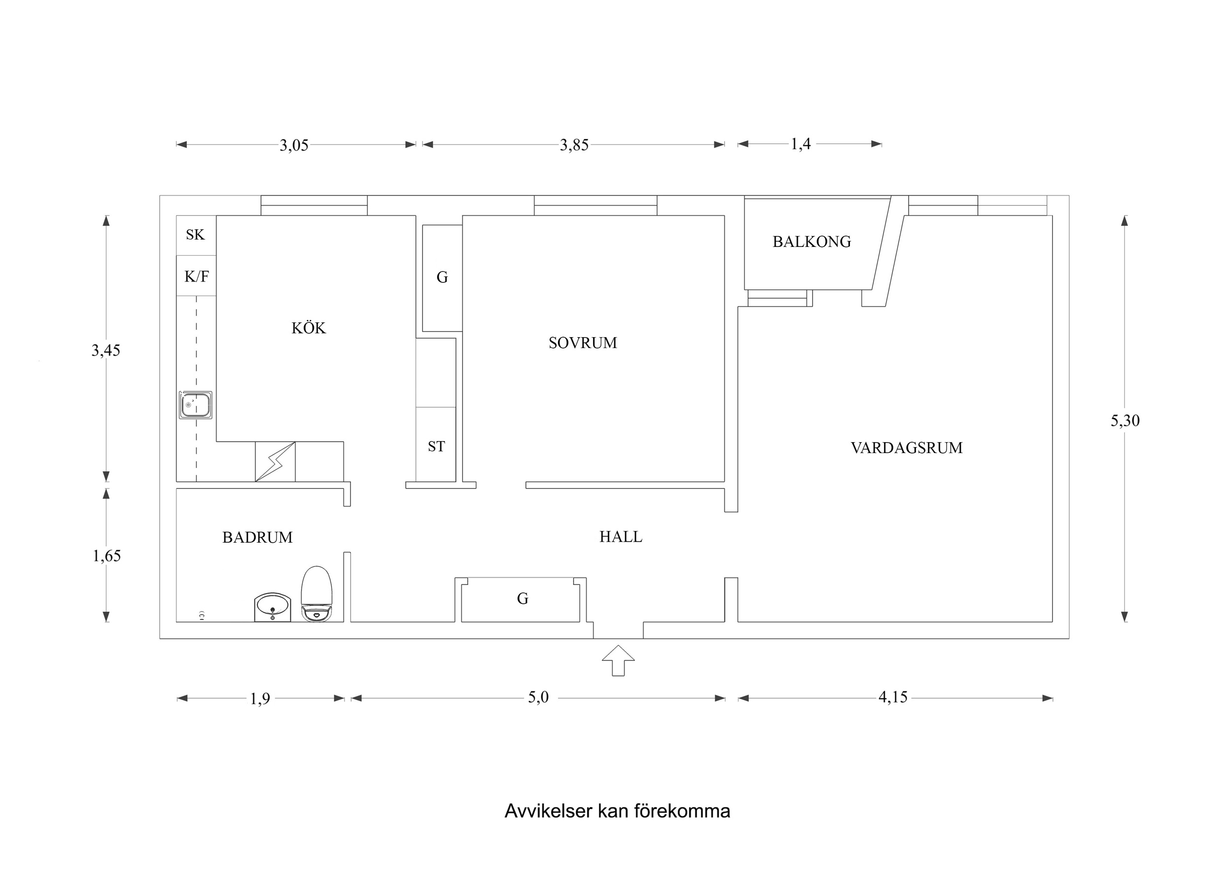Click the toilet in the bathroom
pyautogui.click(x=317, y=594)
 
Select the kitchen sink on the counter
pyautogui.click(x=195, y=405)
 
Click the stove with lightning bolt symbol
pyautogui.click(x=275, y=461)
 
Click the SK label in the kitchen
pyautogui.click(x=195, y=235)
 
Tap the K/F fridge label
pyautogui.click(x=196, y=277)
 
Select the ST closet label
pyautogui.click(x=436, y=447)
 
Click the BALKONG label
pyautogui.click(x=811, y=242)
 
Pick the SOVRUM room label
pyautogui.click(x=583, y=343)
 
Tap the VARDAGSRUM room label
pyautogui.click(x=906, y=448)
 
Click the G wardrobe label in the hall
pyautogui.click(x=523, y=599)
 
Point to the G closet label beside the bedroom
pyautogui.click(x=442, y=278)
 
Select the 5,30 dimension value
pyautogui.click(x=1125, y=421)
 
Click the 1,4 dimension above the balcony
pyautogui.click(x=800, y=144)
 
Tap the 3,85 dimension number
pyautogui.click(x=574, y=145)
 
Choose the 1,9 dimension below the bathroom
pyautogui.click(x=260, y=699)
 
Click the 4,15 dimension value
pyautogui.click(x=892, y=697)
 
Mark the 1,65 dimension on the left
pyautogui.click(x=106, y=556)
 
